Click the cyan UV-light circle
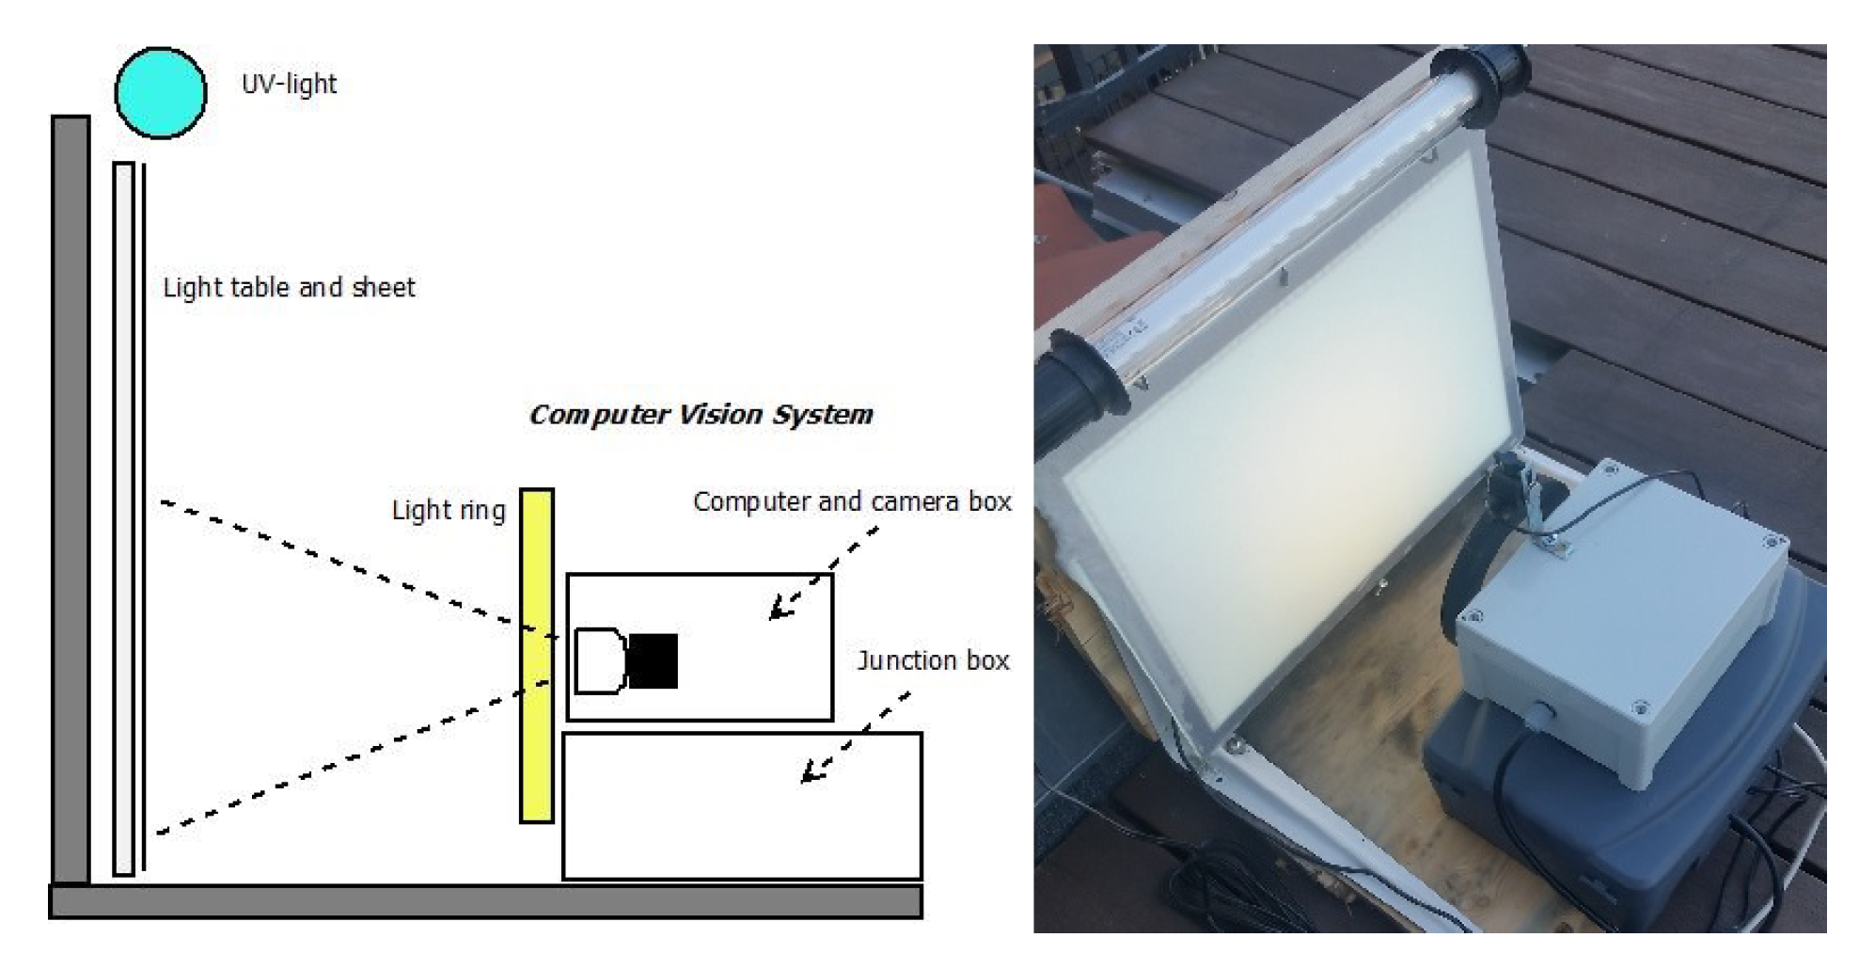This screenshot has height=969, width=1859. point(161,93)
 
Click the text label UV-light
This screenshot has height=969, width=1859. point(289,84)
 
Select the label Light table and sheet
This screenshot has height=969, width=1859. point(289,288)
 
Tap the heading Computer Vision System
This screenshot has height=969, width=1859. point(701,415)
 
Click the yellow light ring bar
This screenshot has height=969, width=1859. point(537,656)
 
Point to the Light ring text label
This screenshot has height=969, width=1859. point(449,511)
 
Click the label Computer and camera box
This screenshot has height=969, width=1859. point(852,502)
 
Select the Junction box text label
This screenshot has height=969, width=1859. point(933,660)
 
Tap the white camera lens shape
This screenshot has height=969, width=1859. point(599,661)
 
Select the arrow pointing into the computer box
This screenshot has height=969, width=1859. point(824,573)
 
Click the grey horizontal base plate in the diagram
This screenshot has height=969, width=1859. point(485,901)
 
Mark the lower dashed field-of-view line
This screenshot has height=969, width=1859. point(354,757)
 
